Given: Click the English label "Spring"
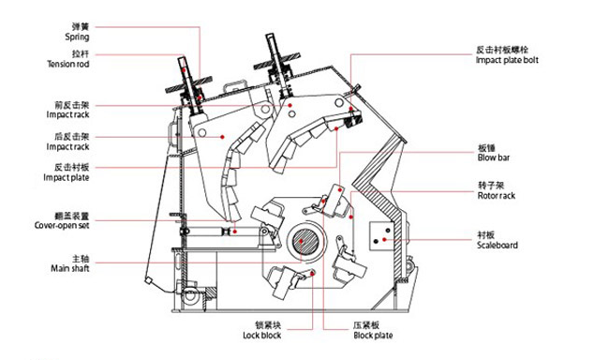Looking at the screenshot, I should pyautogui.click(x=77, y=37).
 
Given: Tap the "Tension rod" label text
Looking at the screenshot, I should pyautogui.click(x=67, y=65).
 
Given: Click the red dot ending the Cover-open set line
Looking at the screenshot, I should pyautogui.click(x=235, y=231).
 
